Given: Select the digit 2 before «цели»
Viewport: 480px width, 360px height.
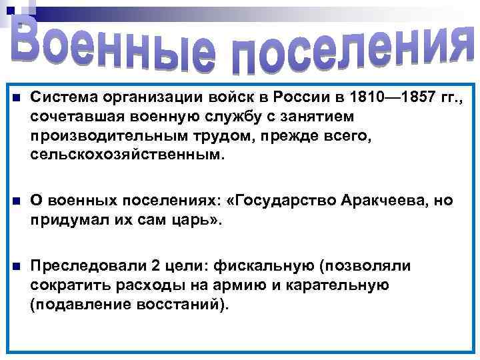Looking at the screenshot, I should point(155,267).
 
